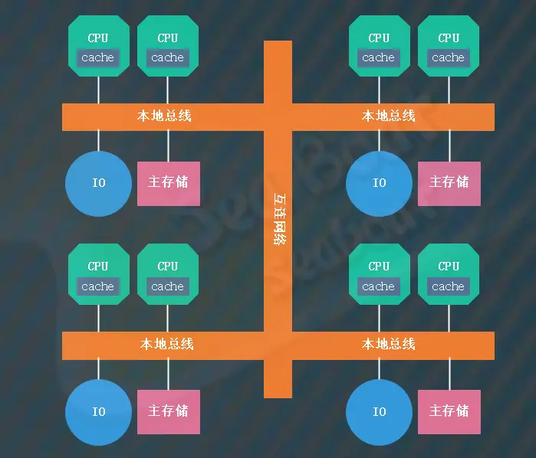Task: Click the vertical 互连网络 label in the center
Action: [x=278, y=218]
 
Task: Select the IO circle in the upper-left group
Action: [x=98, y=183]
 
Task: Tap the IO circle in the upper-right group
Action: [x=379, y=183]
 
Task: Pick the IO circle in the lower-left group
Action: [x=98, y=412]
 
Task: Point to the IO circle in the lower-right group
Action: [x=379, y=412]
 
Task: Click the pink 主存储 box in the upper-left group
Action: [x=168, y=183]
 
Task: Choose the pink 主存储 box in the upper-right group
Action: [x=449, y=183]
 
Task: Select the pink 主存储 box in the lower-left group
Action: [x=168, y=412]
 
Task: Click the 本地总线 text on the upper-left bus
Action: [x=164, y=116]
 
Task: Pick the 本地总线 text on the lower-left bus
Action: [x=167, y=345]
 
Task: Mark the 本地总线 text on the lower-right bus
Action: [x=389, y=345]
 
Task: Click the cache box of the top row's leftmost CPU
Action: [x=98, y=57]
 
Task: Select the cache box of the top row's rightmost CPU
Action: [x=448, y=57]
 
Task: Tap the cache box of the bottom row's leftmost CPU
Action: [x=98, y=286]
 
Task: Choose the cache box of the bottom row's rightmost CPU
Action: [x=448, y=286]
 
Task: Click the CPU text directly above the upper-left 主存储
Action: [x=168, y=38]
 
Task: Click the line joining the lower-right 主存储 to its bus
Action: [x=449, y=375]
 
